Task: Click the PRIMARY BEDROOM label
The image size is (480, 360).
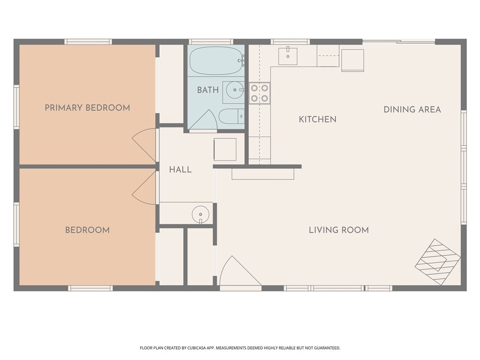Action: coord(87,108)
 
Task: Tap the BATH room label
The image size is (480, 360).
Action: coord(208,90)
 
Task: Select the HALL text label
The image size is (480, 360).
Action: coord(180,170)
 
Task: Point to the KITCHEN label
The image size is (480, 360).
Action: coord(317,120)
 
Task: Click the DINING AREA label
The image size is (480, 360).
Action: coord(412,110)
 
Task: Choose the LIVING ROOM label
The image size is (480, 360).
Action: coord(338,230)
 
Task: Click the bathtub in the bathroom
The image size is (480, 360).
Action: coord(216,60)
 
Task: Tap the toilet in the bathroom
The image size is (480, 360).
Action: coord(232,116)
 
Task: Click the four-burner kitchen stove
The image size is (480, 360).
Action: coord(260,93)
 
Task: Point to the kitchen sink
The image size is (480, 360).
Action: coord(288,56)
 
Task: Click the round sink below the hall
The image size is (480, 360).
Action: coord(201,214)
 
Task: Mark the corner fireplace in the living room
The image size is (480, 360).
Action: coord(438,262)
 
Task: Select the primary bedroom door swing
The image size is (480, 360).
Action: coord(144,144)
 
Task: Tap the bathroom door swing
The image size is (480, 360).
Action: coord(203,120)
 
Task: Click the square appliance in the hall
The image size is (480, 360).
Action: coord(225,150)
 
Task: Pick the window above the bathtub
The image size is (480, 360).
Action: coord(211,42)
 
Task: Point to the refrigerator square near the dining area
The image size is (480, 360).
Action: coord(352,60)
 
